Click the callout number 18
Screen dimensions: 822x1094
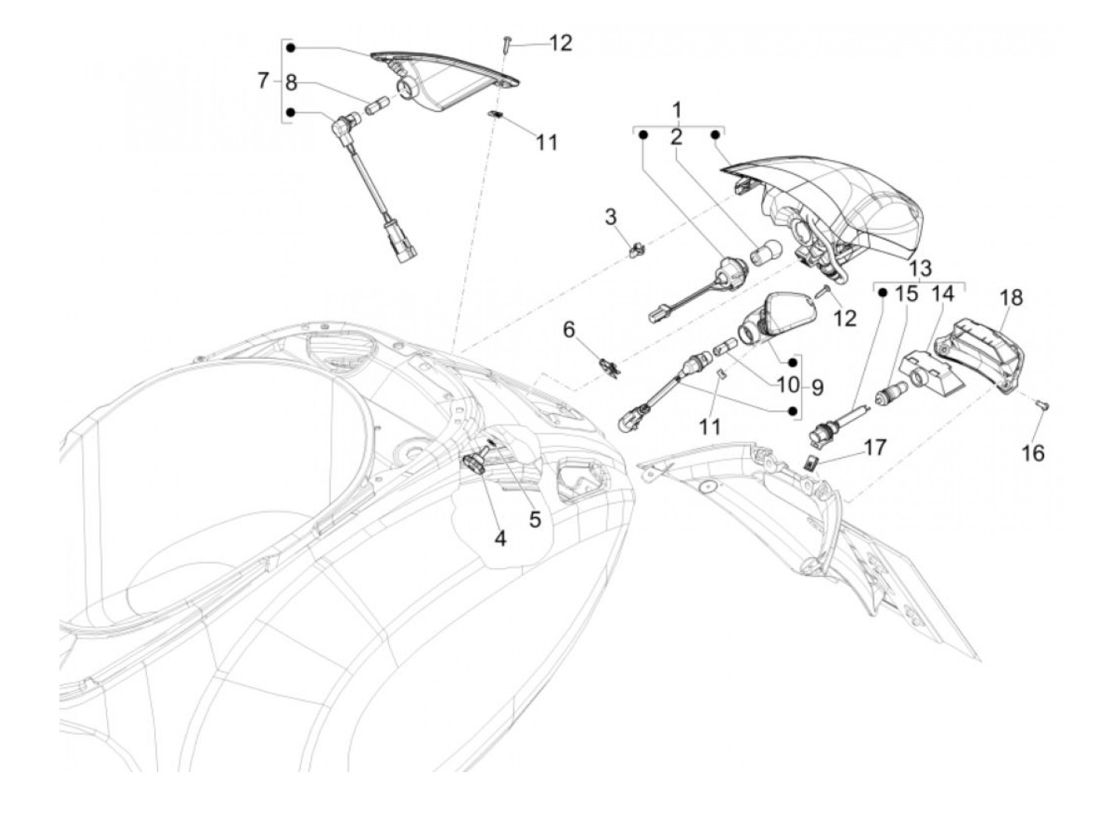coord(1010,298)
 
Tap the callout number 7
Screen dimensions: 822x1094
coord(263,80)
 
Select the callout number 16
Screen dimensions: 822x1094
coord(1033,452)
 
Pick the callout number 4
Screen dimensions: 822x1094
coord(499,538)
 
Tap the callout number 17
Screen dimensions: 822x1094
coord(875,448)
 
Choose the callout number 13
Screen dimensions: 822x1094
coord(921,269)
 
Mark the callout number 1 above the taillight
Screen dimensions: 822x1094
coord(677,109)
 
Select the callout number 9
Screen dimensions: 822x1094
coord(817,386)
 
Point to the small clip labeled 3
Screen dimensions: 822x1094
coord(638,250)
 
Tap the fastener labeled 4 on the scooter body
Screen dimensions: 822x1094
coord(477,463)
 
